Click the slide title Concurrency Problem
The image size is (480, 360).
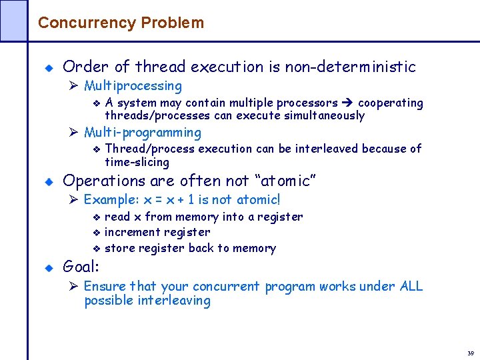[x=121, y=23]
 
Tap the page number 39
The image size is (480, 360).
[x=470, y=353]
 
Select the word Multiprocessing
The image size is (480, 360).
[x=133, y=86]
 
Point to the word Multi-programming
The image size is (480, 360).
[x=142, y=133]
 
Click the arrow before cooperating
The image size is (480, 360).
[x=348, y=103]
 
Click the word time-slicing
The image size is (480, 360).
[x=137, y=162]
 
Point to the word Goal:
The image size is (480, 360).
[x=81, y=267]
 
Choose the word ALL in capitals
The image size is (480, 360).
[x=411, y=286]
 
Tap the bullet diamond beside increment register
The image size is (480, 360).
[x=96, y=233]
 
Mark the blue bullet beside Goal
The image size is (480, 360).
[x=47, y=268]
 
